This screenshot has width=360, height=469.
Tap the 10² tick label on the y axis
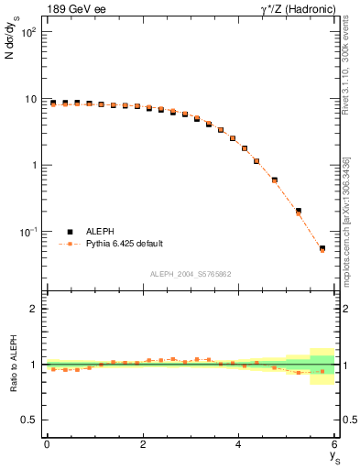[x=28, y=32]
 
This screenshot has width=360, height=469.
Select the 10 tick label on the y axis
[x=31, y=99]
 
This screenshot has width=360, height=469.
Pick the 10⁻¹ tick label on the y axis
[x=28, y=233]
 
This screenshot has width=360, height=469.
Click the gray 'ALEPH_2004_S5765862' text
[x=191, y=274]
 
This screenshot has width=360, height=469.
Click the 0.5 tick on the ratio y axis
[x=30, y=420]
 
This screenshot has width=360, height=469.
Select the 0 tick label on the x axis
[x=47, y=444]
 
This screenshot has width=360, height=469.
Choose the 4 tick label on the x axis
[x=239, y=444]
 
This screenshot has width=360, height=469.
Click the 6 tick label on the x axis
[x=335, y=444]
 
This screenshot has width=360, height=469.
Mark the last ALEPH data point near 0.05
[x=322, y=248]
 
